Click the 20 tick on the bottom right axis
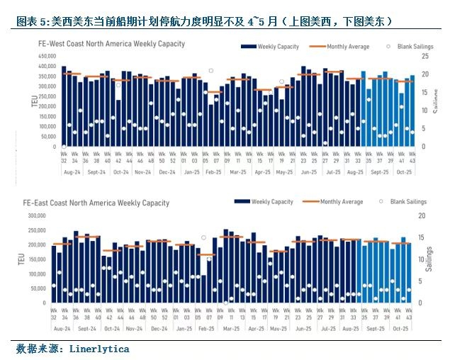click(422, 215)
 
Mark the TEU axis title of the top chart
click(34, 101)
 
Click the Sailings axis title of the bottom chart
click(429, 259)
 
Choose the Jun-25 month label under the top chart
click(309, 172)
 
